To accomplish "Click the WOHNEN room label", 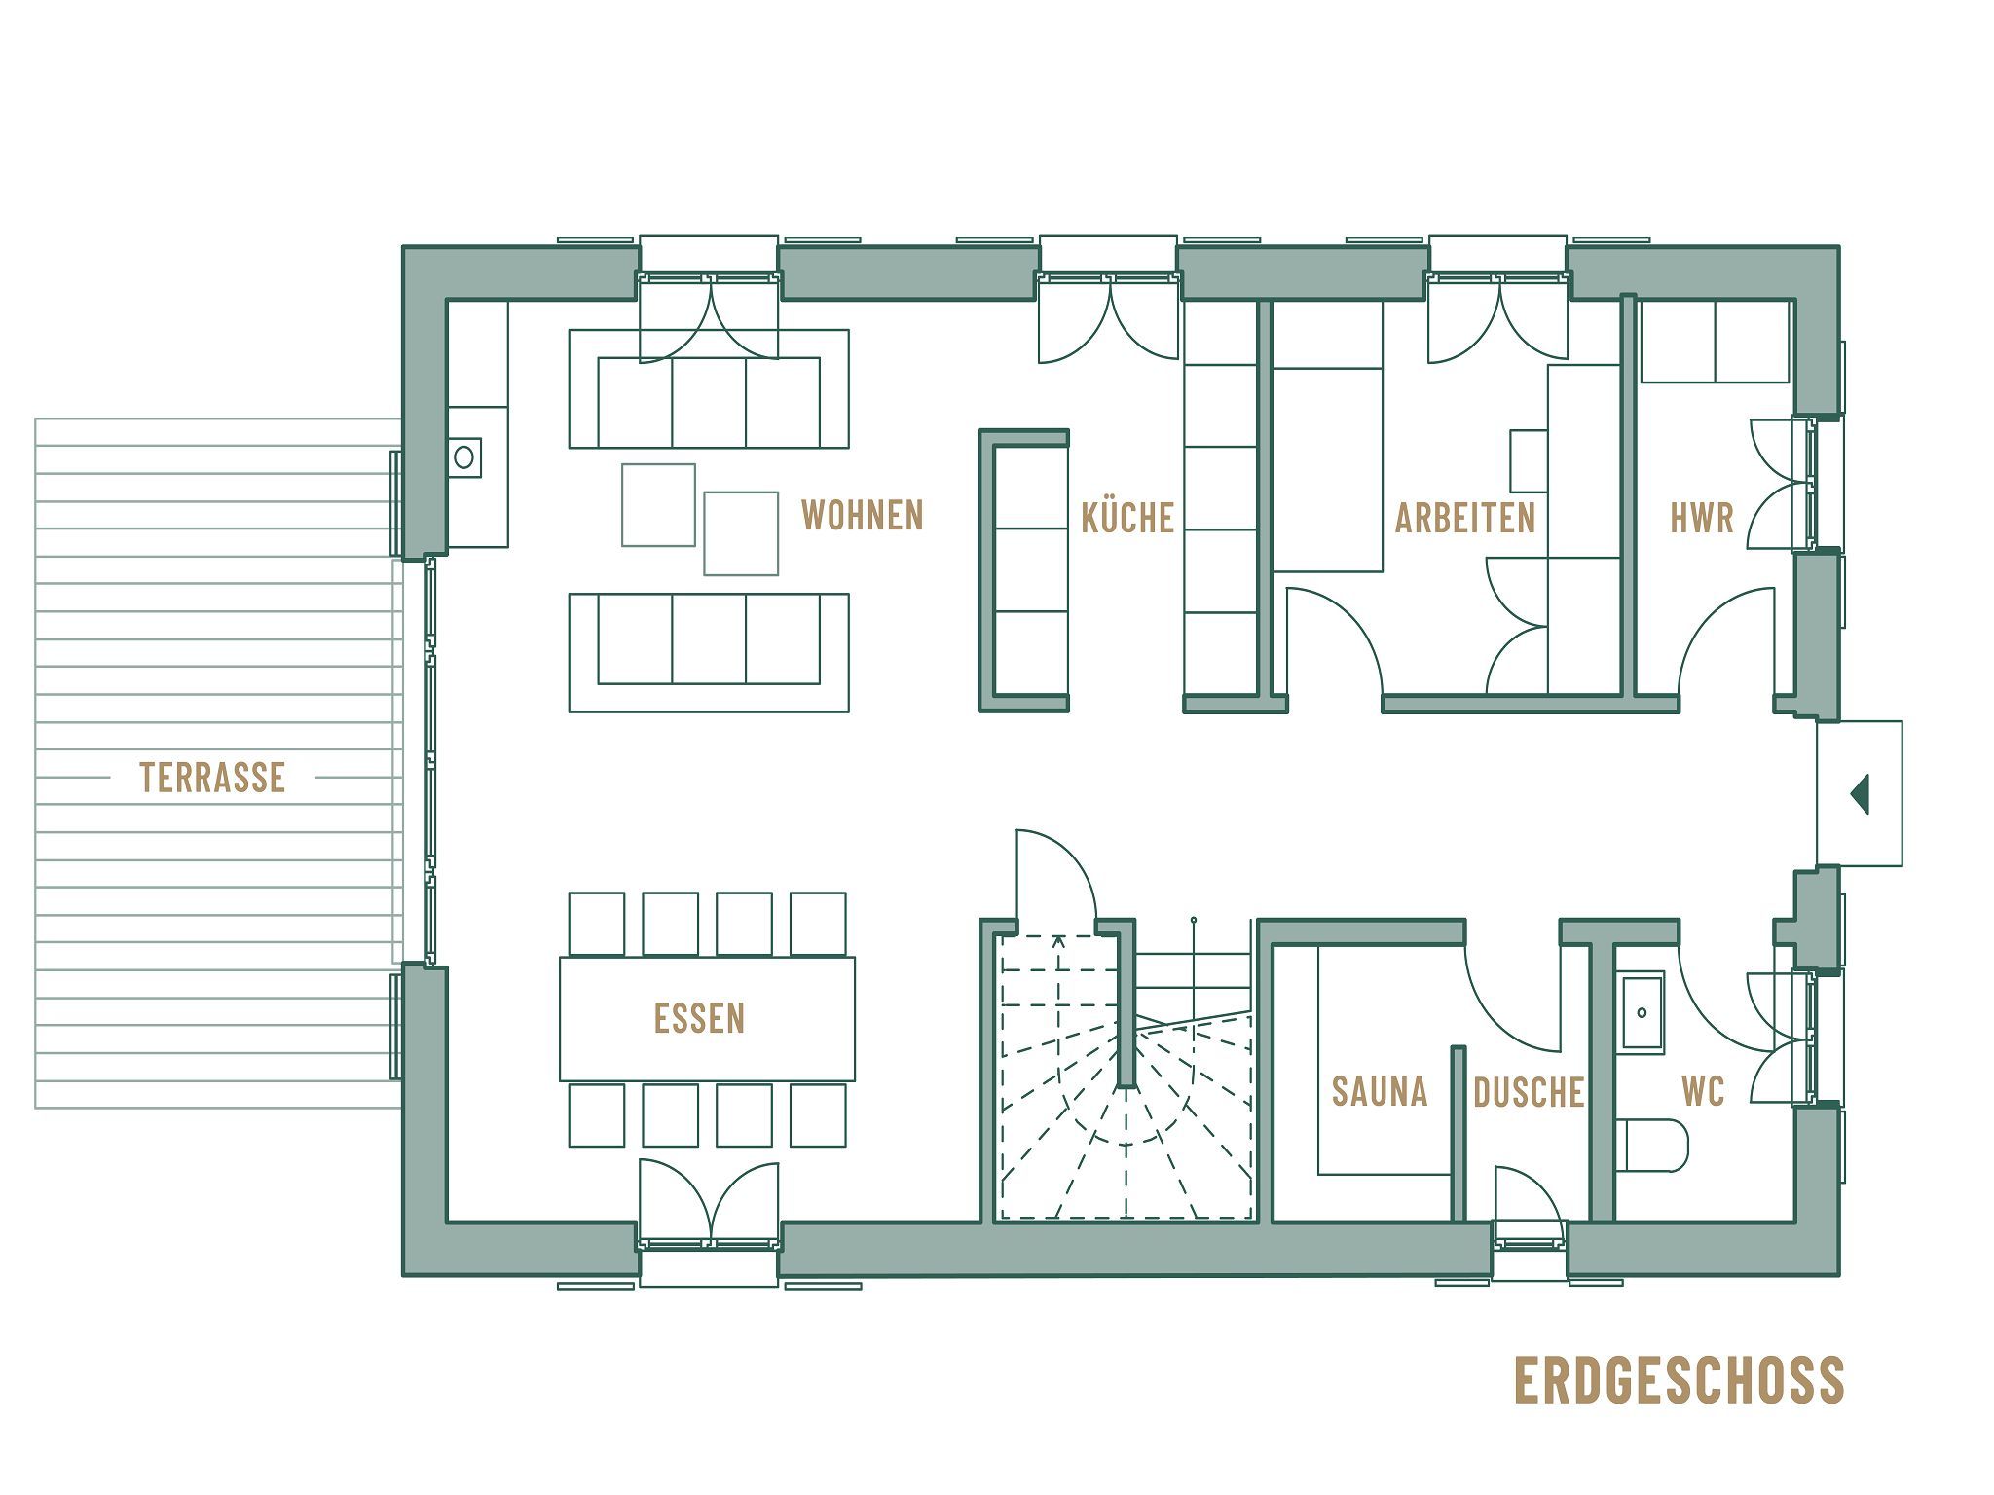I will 862,515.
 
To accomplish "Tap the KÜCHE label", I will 1127,518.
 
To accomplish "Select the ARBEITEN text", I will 1464,518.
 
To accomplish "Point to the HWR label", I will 1702,518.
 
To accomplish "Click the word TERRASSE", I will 212,778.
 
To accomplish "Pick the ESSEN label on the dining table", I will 699,1018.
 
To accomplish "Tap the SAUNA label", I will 1379,1092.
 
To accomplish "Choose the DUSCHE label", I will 1528,1093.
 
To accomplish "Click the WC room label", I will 1703,1092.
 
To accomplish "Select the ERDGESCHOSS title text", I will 1679,1380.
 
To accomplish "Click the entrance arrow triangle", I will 1860,793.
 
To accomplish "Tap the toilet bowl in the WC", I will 1653,1146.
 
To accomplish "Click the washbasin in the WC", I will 1643,1013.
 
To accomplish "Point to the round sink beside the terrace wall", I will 464,456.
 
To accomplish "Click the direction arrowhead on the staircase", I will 1058,940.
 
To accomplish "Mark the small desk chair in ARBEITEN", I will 1529,460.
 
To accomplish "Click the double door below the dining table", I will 709,1203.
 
